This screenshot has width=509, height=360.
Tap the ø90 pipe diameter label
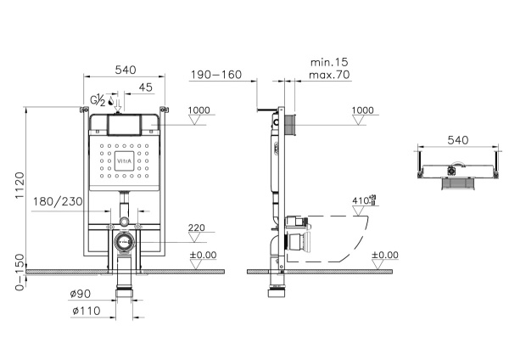click(81, 295)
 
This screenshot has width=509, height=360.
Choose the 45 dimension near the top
click(145, 87)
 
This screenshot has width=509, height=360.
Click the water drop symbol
click(112, 103)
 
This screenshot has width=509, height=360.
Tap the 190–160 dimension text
click(216, 75)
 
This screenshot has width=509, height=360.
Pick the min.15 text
click(329, 62)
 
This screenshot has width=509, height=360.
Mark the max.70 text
click(330, 76)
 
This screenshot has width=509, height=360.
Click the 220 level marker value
click(196, 228)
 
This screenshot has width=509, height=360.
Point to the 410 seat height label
click(362, 201)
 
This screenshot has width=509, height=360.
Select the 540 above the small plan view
click(457, 138)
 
